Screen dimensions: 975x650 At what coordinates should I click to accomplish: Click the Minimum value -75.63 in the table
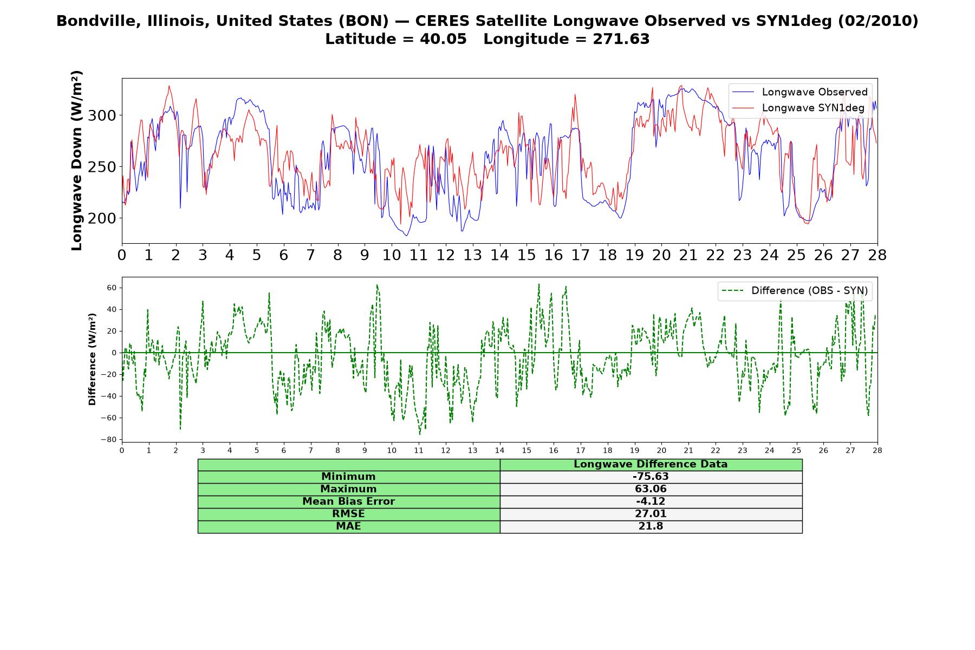click(651, 477)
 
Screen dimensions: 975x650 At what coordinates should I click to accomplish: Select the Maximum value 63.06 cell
click(651, 489)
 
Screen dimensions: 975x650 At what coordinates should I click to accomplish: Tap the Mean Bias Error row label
click(348, 502)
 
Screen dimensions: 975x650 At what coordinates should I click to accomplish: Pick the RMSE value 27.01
click(651, 514)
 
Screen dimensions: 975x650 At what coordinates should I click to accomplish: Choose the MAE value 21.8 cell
click(651, 526)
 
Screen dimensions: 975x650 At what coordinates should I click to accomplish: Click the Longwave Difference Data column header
click(651, 464)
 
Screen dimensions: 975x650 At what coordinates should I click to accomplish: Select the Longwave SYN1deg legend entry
click(798, 108)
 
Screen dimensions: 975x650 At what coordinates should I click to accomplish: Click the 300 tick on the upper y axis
click(102, 115)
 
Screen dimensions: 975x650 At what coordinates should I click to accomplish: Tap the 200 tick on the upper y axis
click(102, 218)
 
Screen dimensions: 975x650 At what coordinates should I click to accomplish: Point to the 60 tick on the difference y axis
click(112, 288)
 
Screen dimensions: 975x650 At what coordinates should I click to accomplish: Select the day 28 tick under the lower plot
click(877, 450)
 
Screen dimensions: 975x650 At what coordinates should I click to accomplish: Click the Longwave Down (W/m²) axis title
click(76, 160)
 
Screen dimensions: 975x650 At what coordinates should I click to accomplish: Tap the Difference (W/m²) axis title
click(92, 359)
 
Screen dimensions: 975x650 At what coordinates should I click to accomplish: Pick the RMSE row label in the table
click(348, 514)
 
